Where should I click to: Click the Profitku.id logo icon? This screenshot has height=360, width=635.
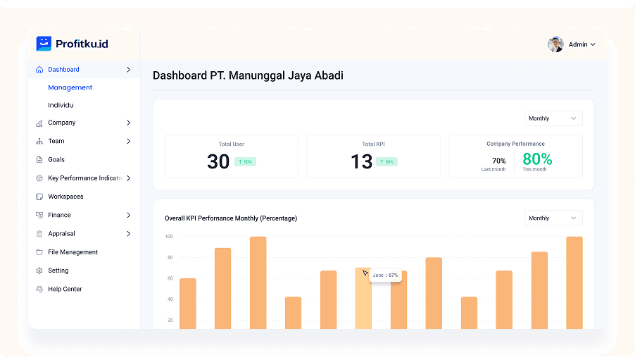(x=44, y=44)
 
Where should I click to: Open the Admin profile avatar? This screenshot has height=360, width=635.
(x=555, y=44)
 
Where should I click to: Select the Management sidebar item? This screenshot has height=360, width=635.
(x=70, y=87)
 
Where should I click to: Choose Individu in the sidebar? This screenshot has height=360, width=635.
(x=61, y=105)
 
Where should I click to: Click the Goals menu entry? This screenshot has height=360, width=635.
(x=56, y=160)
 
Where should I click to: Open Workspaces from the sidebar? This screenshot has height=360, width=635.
(x=65, y=197)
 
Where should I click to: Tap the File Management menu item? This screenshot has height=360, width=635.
(x=73, y=252)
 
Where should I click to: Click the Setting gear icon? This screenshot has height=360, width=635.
(x=39, y=271)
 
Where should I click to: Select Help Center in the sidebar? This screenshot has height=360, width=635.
(x=65, y=289)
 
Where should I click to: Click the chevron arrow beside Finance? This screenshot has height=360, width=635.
(x=128, y=215)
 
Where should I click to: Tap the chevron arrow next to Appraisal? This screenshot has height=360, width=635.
(x=128, y=233)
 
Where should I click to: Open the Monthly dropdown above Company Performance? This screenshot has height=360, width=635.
(x=553, y=118)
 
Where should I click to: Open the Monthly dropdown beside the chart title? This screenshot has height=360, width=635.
(x=553, y=218)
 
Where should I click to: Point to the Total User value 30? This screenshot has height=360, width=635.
(x=218, y=162)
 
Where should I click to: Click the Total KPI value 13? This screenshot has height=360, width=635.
(x=361, y=162)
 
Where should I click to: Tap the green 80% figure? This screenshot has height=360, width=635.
(x=537, y=159)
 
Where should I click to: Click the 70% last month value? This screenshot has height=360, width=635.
(x=498, y=161)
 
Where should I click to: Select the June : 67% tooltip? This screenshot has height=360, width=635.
(x=385, y=275)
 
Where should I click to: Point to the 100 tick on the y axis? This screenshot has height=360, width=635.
(x=169, y=237)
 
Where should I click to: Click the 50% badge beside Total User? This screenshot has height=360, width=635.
(x=245, y=162)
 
